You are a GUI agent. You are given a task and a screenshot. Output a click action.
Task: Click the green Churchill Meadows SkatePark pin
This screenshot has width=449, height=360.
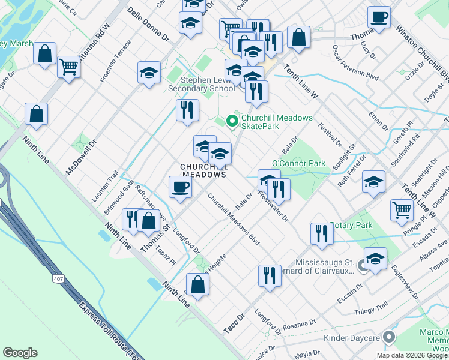232,121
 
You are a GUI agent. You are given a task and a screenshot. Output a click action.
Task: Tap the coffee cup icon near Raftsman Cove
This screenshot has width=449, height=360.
180,187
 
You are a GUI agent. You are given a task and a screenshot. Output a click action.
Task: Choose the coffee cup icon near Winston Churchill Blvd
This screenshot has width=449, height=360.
379,17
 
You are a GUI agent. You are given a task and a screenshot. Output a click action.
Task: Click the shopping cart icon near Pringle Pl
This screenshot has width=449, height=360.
402,210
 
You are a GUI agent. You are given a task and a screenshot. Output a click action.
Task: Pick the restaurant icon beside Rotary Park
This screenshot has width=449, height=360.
322,233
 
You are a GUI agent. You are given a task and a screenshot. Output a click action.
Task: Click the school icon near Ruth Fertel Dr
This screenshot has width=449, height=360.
373,182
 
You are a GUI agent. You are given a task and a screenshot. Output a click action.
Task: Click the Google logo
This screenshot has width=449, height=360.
20,353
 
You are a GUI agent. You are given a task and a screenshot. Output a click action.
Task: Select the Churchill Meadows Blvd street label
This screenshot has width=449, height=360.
234,219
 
